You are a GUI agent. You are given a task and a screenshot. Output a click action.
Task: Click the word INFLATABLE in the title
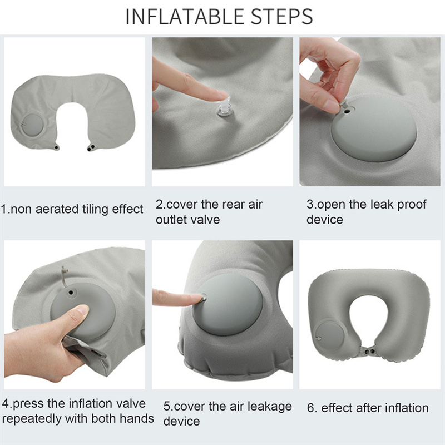(185, 17)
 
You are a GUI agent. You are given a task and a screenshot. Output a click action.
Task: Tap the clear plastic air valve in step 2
(225, 108)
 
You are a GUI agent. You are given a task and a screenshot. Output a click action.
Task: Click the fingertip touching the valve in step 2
(219, 96)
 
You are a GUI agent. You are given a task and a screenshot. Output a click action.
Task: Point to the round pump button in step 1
(33, 125)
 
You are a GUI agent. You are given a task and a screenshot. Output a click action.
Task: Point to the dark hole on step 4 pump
(71, 293)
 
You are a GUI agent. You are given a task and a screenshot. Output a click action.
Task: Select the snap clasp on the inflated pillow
(369, 352)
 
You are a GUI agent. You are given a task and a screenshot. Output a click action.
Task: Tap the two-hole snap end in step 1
(91, 147)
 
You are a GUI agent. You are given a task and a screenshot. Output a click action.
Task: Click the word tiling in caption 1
(96, 210)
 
